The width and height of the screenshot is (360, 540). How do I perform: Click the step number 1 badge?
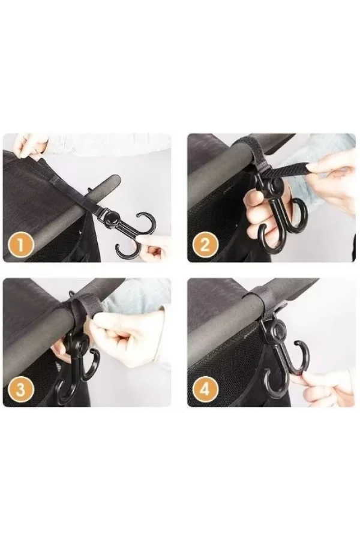pos(21,246)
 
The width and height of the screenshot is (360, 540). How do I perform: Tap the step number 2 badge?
pos(205,245)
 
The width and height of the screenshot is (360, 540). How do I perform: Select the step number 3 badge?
pos(21,391)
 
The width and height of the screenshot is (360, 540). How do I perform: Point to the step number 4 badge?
pos(205,390)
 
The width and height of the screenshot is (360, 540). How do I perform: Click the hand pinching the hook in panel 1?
pos(155,248)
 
